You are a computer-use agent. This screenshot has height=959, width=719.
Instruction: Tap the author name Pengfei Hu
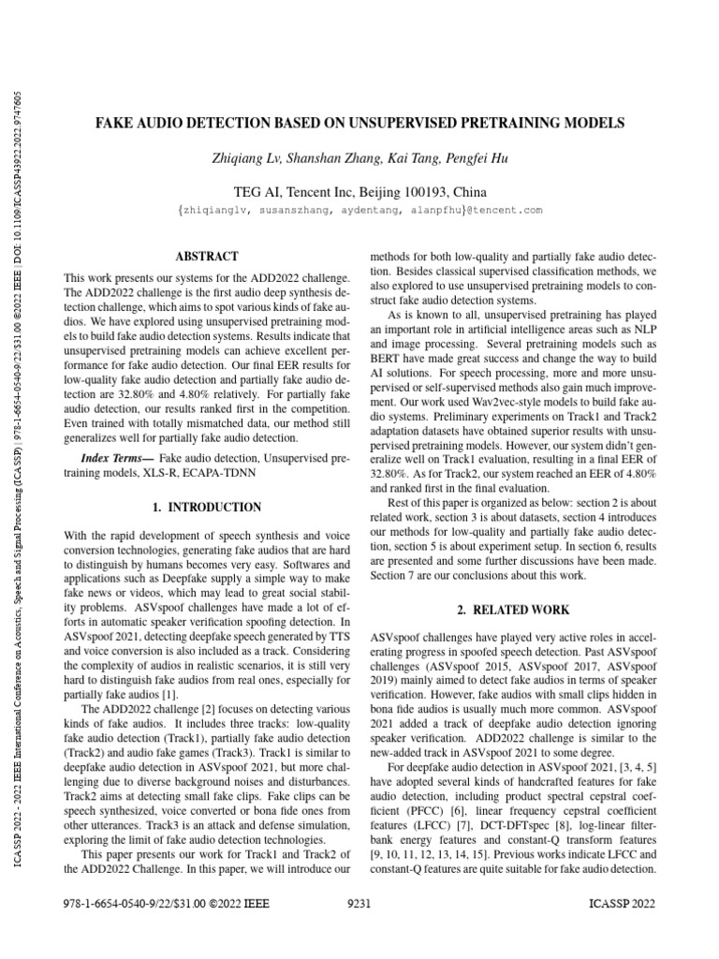tap(476, 158)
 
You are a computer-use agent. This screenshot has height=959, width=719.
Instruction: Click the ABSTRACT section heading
tap(207, 256)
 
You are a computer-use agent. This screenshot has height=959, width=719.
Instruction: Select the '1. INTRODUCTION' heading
tap(207, 507)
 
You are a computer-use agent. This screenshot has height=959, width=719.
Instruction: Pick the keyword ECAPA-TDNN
tap(228, 474)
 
